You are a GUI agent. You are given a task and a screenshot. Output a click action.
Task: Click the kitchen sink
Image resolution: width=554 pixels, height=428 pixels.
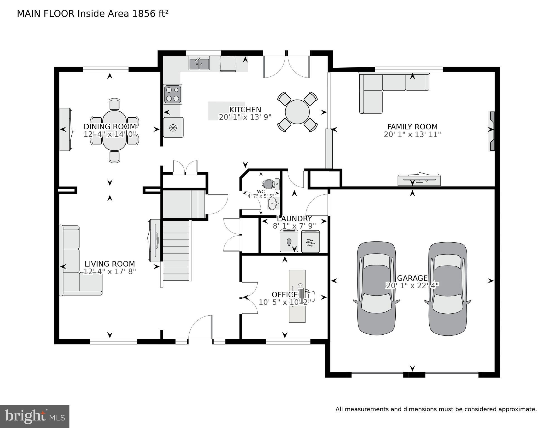point(199,63)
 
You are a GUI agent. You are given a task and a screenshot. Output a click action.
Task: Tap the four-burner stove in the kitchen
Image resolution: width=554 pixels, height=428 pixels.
point(173,94)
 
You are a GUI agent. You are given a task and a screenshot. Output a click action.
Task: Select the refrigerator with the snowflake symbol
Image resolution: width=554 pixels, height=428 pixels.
point(173,127)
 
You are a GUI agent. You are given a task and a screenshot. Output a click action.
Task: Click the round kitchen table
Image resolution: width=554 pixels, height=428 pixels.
point(297,112)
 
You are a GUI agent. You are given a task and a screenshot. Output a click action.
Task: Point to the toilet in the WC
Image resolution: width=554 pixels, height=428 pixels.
point(270,184)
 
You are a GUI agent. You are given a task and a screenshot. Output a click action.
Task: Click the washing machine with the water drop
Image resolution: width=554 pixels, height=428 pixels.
point(289,241)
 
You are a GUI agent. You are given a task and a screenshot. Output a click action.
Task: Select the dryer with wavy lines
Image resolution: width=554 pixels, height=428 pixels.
point(310,241)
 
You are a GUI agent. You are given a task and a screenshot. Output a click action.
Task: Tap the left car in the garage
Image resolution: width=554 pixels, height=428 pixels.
point(376,288)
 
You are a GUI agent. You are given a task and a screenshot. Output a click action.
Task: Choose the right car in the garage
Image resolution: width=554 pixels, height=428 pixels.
point(448,289)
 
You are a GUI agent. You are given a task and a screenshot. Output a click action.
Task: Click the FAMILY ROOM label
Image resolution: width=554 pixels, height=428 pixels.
point(412,127)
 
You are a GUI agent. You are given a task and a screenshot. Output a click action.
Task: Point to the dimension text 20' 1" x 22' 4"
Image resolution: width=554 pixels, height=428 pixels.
point(412,286)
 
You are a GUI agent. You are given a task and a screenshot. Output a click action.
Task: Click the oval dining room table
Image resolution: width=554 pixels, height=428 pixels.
point(114,130)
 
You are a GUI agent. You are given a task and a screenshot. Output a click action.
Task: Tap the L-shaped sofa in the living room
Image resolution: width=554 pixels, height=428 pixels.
point(81,260)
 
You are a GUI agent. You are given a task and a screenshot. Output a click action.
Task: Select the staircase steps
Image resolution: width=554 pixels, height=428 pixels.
point(176,250)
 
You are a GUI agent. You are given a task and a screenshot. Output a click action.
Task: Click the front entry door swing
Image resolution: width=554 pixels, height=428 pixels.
point(200,327)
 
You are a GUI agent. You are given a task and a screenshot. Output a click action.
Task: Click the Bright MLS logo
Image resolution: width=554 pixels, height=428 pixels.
point(35,417)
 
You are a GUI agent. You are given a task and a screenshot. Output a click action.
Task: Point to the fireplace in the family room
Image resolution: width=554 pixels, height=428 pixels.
point(492,131)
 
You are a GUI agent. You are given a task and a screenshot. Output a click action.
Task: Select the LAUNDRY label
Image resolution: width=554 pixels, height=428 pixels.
point(294,219)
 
